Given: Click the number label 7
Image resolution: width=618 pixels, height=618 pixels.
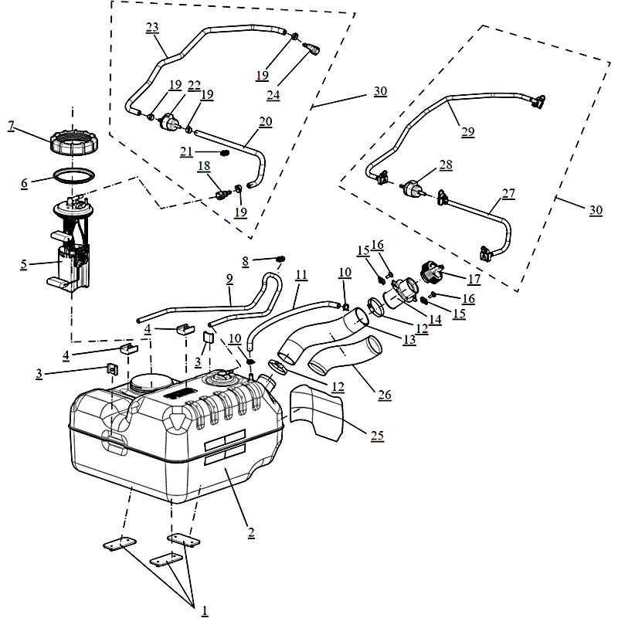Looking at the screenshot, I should click(12, 125).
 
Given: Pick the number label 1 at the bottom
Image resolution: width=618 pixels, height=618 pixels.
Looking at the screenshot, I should click(205, 610).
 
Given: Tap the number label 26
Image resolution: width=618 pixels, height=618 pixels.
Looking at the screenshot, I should click(385, 395).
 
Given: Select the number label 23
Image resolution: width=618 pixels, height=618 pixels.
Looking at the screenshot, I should click(152, 28).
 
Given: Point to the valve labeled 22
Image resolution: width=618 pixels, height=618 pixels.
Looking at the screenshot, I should click(170, 122).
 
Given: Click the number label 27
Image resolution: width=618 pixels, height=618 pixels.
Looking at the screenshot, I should click(508, 194).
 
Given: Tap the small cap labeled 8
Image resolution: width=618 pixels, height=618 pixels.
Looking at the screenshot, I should click(280, 259).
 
